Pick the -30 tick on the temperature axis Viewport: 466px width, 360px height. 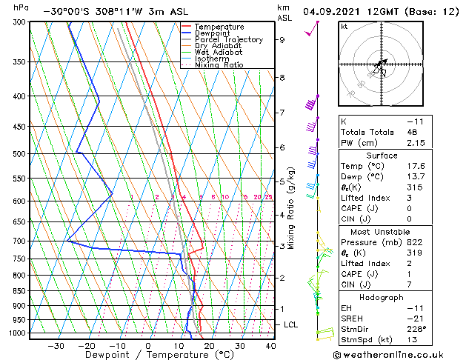(x=56, y=346)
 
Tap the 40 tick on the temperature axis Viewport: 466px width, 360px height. (x=270, y=346)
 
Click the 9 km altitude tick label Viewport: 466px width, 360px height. (x=282, y=40)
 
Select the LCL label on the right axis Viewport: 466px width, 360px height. (x=291, y=324)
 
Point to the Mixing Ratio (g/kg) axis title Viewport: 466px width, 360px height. (x=291, y=208)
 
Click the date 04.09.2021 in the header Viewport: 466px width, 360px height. (x=333, y=12)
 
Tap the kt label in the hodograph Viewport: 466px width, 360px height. (x=344, y=27)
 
